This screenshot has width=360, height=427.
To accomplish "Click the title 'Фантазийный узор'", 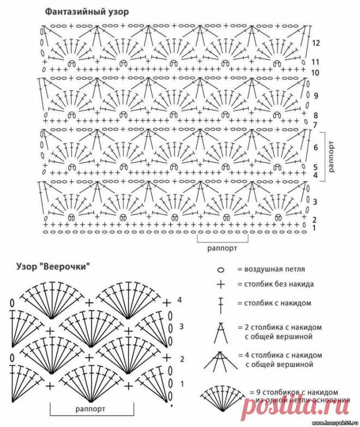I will [x=88, y=10].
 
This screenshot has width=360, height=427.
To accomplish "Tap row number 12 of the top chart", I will [x=316, y=43].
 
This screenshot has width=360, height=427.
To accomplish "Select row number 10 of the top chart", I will [x=316, y=73].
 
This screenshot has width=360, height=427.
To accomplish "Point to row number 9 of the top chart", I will [x=316, y=96].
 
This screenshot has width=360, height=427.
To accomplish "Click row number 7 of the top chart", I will [x=316, y=125].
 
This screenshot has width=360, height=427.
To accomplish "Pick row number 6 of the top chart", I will [x=316, y=147].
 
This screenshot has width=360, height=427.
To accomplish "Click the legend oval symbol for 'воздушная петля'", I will [x=221, y=270].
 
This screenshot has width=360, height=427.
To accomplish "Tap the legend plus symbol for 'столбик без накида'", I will [x=221, y=284].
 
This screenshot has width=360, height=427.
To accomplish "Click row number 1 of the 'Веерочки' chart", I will [x=182, y=384].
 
